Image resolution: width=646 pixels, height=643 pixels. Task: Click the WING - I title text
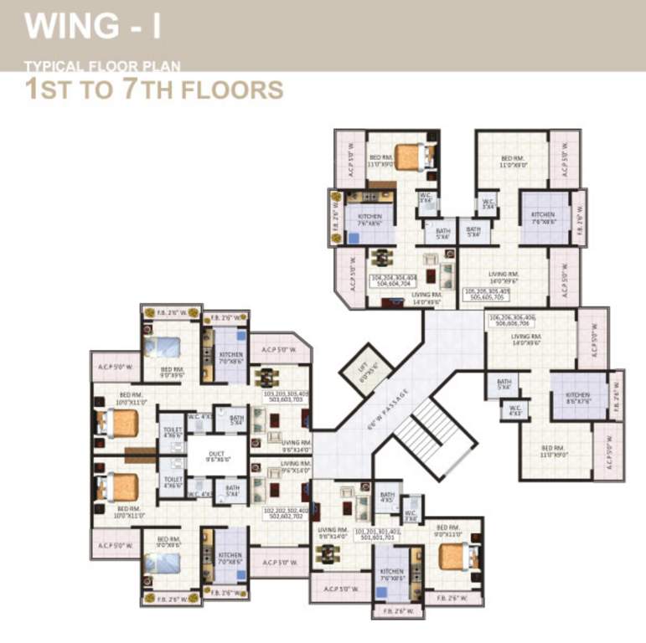coord(92,26)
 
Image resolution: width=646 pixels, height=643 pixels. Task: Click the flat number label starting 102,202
coord(287,513)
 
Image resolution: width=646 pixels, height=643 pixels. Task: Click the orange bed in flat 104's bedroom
coord(411,156)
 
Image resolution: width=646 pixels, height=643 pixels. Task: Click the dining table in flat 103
coord(266,377)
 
